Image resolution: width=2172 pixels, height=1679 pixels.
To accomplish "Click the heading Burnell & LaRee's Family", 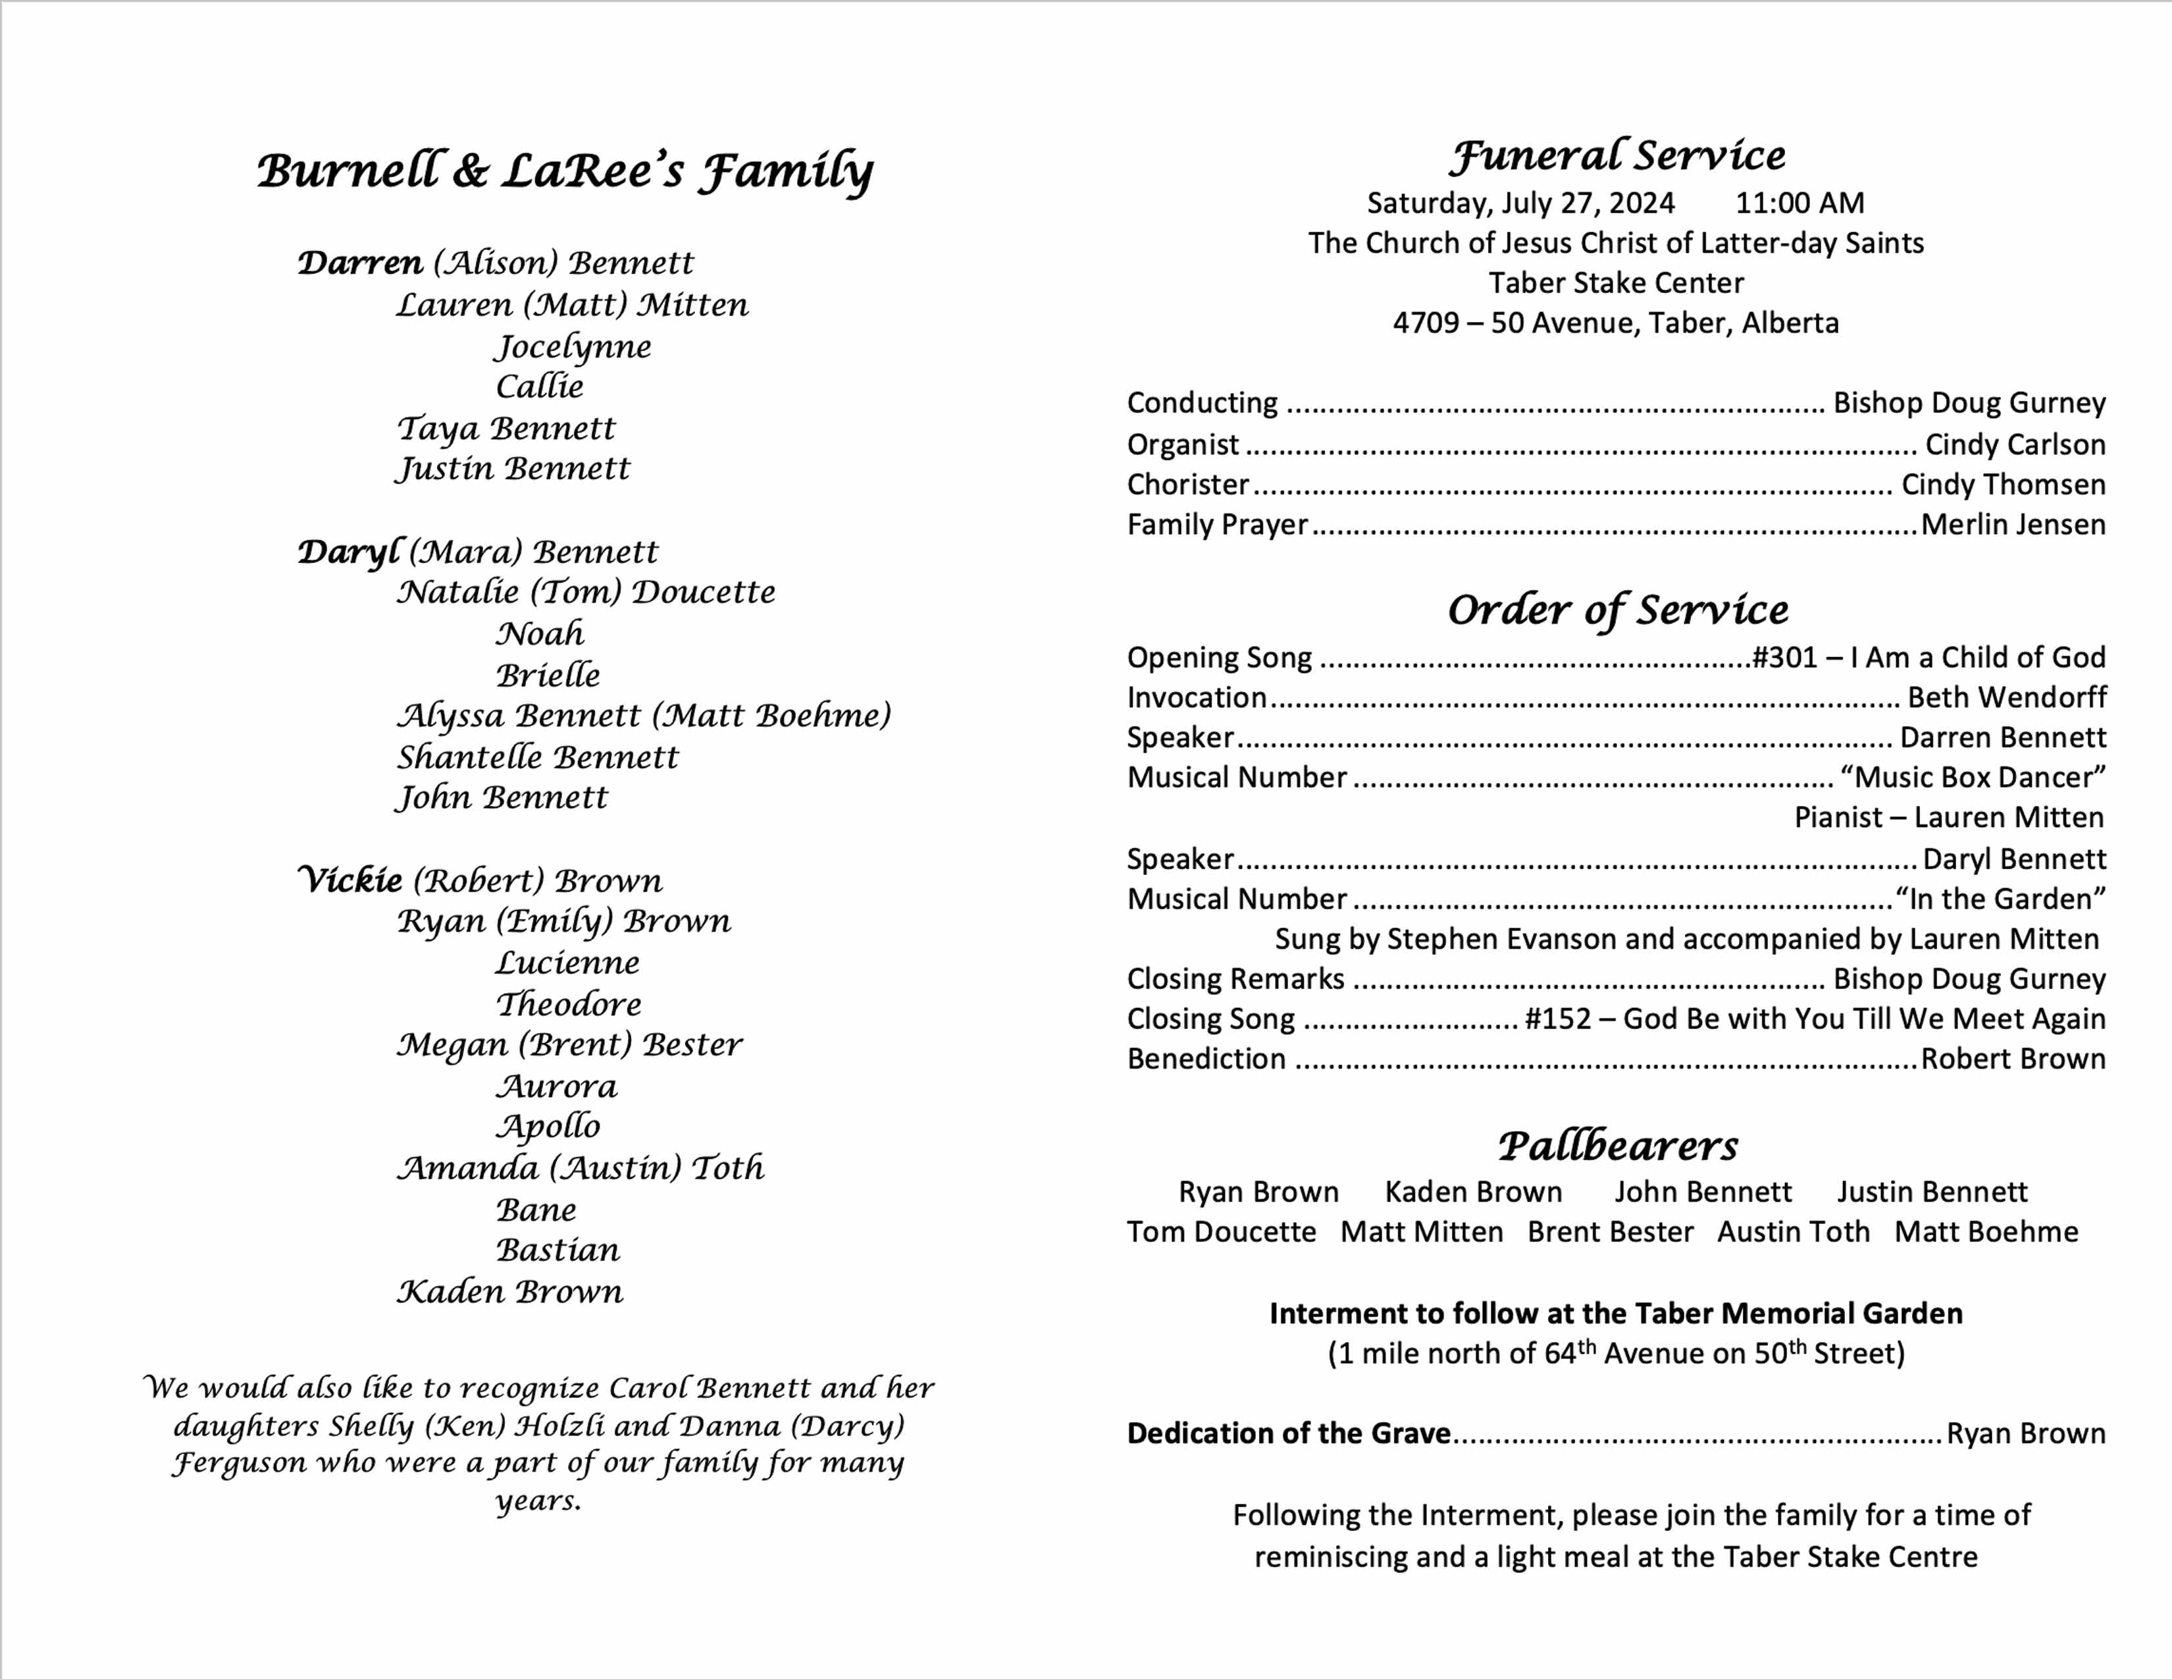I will click(565, 171).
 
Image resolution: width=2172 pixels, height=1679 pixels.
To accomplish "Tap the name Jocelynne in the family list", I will click(574, 347).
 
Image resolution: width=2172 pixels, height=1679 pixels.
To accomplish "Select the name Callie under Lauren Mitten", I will click(539, 387).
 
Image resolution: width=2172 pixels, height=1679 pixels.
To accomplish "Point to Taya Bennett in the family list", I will click(506, 429).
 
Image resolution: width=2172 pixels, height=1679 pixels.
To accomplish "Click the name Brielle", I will click(548, 676).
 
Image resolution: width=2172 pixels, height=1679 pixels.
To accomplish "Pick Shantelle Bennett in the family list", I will click(537, 758).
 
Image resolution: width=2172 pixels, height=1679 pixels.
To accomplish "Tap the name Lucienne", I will click(567, 963).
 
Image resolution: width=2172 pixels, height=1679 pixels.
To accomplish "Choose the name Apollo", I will click(548, 1127).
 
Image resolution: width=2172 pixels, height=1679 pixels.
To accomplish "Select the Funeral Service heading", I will click(1616, 156).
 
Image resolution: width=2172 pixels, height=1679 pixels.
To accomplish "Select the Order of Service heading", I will click(1617, 610).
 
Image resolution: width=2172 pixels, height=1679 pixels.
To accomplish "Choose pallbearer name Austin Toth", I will click(1792, 1233).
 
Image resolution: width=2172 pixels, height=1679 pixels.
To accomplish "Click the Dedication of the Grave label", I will click(1288, 1433).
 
